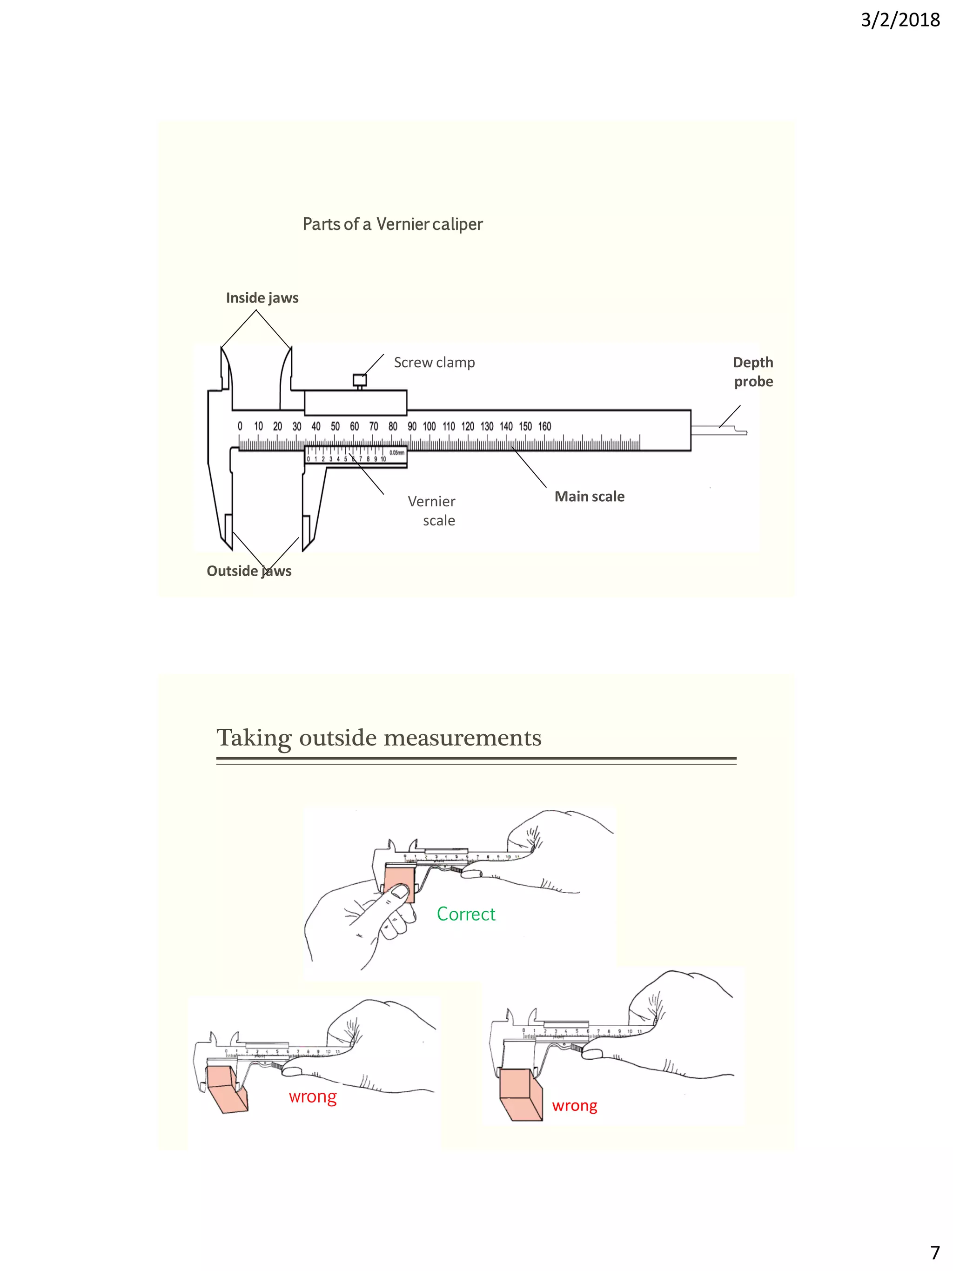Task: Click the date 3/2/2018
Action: [899, 20]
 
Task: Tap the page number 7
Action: [934, 1251]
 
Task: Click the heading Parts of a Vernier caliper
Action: [392, 224]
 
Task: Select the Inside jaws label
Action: [262, 298]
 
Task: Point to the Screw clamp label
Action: [434, 363]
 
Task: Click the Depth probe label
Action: [753, 372]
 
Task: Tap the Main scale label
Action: [590, 497]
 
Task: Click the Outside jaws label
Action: [249, 571]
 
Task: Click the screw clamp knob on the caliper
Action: [360, 380]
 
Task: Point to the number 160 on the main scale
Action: [544, 426]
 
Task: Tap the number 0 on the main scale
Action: [240, 426]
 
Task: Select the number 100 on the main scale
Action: [429, 426]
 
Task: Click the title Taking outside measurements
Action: [379, 737]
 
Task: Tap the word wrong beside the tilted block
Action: [313, 1096]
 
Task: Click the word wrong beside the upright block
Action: [574, 1105]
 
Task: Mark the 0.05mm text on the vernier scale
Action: [397, 453]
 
